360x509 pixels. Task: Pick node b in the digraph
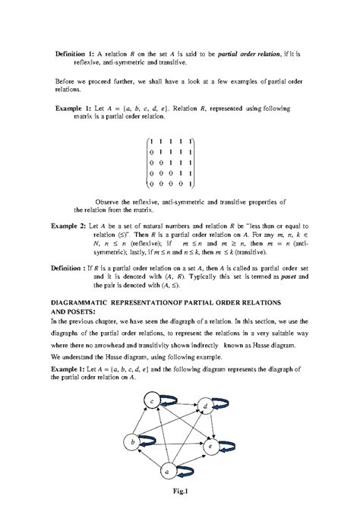(134, 441)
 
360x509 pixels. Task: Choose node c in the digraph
(153, 401)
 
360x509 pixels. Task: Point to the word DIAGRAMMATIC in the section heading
(82, 302)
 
